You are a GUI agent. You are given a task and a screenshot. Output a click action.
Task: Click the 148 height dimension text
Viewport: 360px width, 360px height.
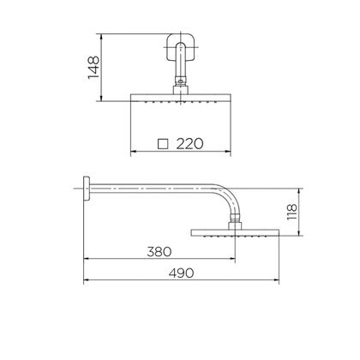(x=94, y=67)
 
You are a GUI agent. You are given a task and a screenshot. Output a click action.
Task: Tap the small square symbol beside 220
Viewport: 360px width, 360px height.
(x=163, y=143)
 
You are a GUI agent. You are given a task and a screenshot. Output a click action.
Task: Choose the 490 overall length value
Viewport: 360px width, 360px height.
(x=180, y=273)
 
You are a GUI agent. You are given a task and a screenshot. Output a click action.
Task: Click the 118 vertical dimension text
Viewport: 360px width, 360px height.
(x=291, y=213)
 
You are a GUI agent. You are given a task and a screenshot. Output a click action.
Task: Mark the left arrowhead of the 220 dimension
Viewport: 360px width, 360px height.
(x=132, y=155)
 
